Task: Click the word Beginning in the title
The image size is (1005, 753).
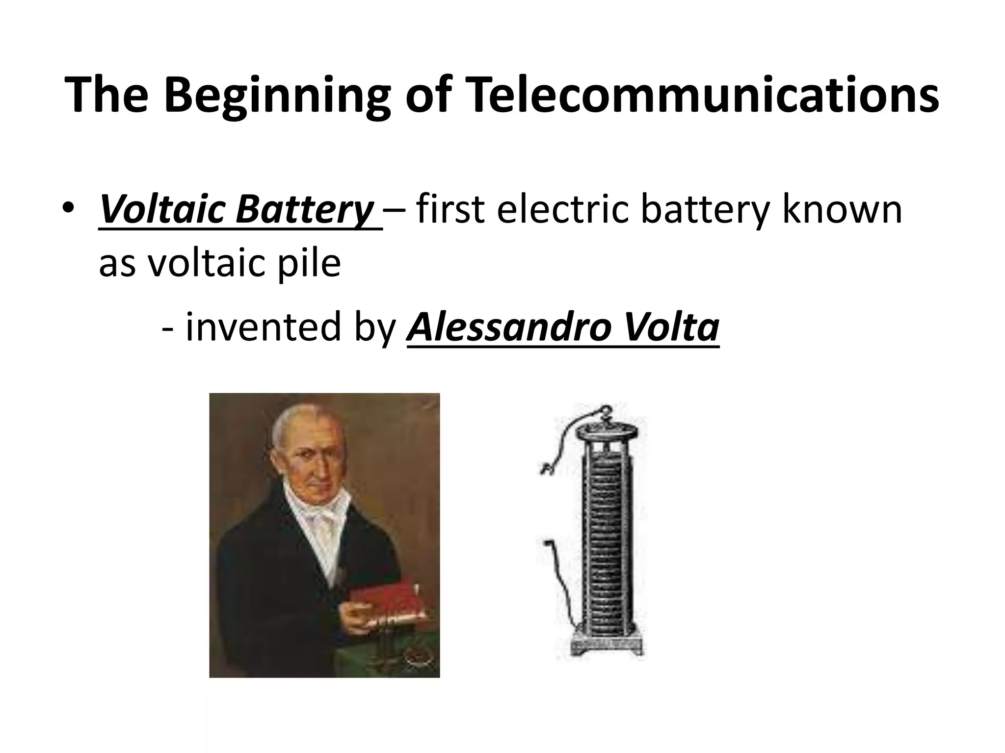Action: coord(277,96)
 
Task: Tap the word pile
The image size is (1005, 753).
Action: coord(312,263)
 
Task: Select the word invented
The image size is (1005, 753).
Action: coord(263,327)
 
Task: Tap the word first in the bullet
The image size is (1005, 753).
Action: coord(450,209)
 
